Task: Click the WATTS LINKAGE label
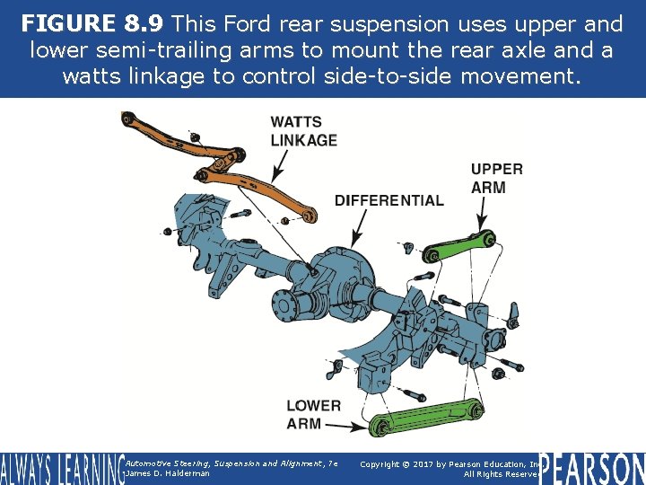pyautogui.click(x=303, y=131)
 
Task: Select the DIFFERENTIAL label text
pyautogui.click(x=389, y=200)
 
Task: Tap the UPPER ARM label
pyautogui.click(x=497, y=178)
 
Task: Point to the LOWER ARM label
pyautogui.click(x=313, y=414)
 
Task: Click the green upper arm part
pyautogui.click(x=459, y=247)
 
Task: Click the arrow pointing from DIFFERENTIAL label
pyautogui.click(x=358, y=228)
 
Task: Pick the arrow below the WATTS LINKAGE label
pyautogui.click(x=279, y=166)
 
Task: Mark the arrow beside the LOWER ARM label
pyautogui.click(x=345, y=427)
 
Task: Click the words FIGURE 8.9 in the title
pyautogui.click(x=92, y=23)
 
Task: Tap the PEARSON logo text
pyautogui.click(x=592, y=468)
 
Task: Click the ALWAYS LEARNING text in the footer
pyautogui.click(x=63, y=469)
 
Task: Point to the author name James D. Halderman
pyautogui.click(x=168, y=473)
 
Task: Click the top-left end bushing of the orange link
pyautogui.click(x=127, y=119)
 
